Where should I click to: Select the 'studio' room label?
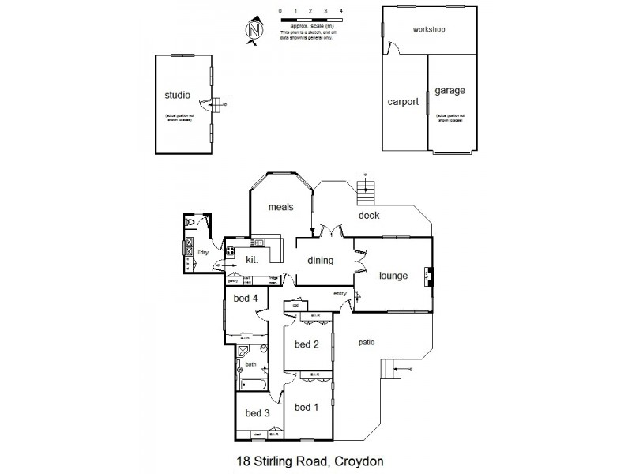(x=177, y=95)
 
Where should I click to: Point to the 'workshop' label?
(x=430, y=30)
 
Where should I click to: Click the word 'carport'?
(x=402, y=102)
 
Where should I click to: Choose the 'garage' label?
(x=450, y=91)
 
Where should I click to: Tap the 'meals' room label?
(x=280, y=207)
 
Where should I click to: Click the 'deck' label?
(x=369, y=215)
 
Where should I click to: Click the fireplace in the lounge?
(x=430, y=276)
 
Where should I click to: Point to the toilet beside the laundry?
(x=190, y=224)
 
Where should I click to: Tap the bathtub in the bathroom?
(x=254, y=386)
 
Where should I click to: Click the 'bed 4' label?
(x=246, y=298)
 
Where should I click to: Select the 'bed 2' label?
(x=307, y=344)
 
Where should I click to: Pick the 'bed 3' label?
(x=258, y=413)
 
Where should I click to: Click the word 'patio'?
(x=365, y=342)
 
